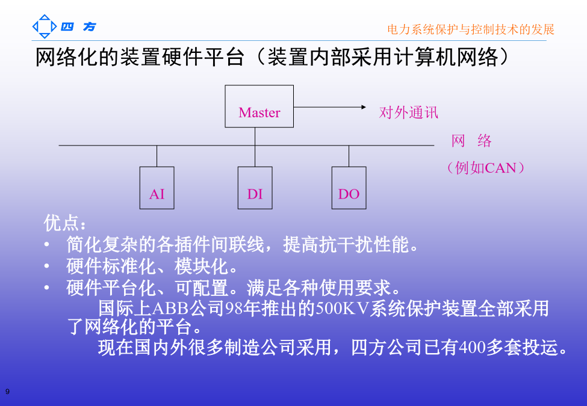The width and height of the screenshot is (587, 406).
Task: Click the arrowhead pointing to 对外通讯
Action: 364,107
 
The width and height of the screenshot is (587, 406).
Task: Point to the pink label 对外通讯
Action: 408,112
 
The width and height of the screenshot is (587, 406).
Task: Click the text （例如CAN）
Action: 485,168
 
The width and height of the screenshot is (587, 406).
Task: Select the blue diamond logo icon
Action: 45,26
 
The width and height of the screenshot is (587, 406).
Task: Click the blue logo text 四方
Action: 79,26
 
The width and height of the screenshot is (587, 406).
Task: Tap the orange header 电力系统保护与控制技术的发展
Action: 471,29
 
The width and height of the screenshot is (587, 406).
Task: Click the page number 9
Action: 7,392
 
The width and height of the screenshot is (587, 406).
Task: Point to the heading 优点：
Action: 65,223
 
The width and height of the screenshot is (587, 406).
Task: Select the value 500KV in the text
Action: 342,309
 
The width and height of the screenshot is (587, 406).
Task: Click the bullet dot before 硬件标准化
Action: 47,266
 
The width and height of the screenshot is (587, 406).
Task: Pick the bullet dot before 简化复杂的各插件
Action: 47,245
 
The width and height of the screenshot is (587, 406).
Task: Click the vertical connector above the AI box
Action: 157,156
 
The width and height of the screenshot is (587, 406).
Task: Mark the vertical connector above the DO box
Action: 349,156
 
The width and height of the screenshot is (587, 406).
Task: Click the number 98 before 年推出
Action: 234,309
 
